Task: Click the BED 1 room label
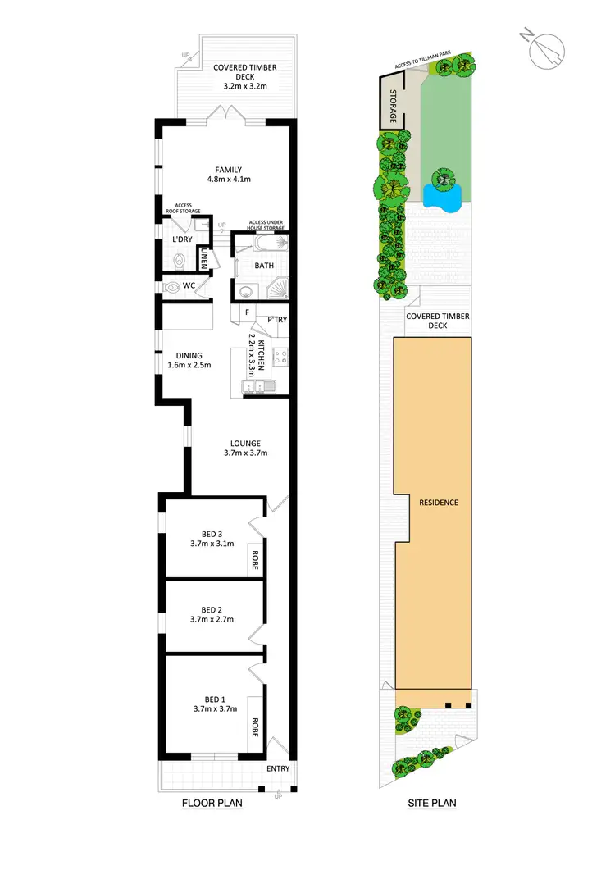[x=212, y=698]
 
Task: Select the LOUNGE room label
[x=246, y=444]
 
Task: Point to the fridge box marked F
[x=246, y=312]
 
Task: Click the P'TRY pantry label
[x=276, y=320]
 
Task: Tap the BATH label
[x=263, y=266]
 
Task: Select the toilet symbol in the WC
[x=174, y=287]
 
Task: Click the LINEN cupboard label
[x=204, y=260]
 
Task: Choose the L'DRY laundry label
[x=181, y=239]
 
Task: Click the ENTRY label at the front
[x=277, y=769]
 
